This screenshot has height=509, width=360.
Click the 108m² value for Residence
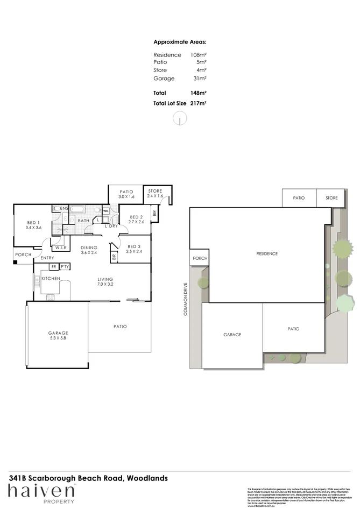point(199,55)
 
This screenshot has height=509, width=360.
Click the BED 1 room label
point(32,223)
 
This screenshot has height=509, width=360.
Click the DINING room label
point(89,248)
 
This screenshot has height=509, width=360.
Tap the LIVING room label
point(104,279)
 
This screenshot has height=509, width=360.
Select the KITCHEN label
point(50,278)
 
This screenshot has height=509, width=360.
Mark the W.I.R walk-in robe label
point(58,248)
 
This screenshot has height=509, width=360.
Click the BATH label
point(83,221)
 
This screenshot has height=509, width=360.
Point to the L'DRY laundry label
point(111,226)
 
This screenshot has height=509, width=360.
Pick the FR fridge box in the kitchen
point(53,266)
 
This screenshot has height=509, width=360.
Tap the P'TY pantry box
point(65,266)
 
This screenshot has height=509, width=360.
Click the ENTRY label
point(47,258)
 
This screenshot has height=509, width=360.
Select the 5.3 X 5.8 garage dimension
point(58,339)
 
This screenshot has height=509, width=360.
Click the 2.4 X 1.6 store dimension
point(154,196)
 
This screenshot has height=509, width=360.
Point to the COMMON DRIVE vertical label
point(185,299)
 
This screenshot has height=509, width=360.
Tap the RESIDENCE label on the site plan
point(266,253)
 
